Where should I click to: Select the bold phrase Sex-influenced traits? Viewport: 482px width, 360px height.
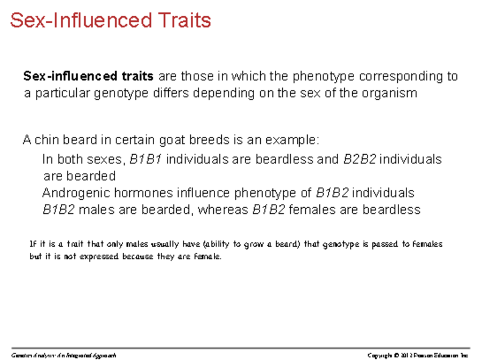88,76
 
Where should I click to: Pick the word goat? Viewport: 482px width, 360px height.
172,140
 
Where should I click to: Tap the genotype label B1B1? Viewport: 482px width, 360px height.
146,160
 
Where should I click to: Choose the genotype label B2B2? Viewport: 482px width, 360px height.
360,160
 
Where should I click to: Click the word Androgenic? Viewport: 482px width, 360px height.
76,193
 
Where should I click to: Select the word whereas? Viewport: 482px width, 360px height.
223,210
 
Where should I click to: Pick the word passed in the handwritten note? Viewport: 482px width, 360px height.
387,244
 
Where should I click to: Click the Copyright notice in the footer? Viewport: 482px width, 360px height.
418,355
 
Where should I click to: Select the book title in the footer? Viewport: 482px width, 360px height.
64,355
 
